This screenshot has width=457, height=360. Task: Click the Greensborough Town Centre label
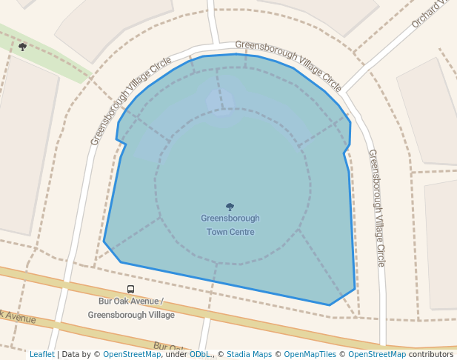pyautogui.click(x=230, y=225)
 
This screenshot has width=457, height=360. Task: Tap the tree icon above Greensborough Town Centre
pyautogui.click(x=230, y=207)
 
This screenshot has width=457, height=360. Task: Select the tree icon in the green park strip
pyautogui.click(x=22, y=47)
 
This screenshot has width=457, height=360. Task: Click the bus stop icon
pyautogui.click(x=131, y=290)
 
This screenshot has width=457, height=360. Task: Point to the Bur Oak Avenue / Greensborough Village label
pyautogui.click(x=131, y=308)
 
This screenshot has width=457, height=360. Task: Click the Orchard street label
pyautogui.click(x=432, y=14)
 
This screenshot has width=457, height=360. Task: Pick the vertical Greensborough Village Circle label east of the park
pyautogui.click(x=377, y=208)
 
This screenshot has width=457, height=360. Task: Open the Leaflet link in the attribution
pyautogui.click(x=41, y=354)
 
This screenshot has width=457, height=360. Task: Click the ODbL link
pyautogui.click(x=199, y=354)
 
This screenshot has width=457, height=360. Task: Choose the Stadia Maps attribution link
pyautogui.click(x=249, y=354)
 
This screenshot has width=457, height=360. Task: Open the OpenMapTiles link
pyautogui.click(x=310, y=354)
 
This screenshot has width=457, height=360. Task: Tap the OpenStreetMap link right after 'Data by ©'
pyautogui.click(x=132, y=354)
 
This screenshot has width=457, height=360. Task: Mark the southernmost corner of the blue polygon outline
pyautogui.click(x=330, y=304)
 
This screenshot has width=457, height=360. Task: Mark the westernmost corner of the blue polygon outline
pyautogui.click(x=104, y=241)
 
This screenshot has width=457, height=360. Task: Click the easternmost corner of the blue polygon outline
pyautogui.click(x=356, y=288)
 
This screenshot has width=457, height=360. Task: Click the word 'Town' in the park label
pyautogui.click(x=219, y=232)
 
